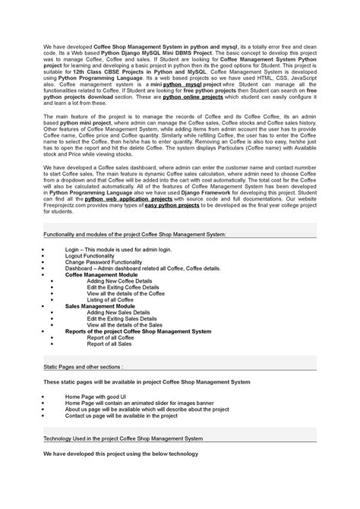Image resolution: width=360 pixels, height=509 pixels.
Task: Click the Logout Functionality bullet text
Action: (90, 254)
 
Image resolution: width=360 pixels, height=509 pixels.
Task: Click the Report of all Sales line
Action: (109, 343)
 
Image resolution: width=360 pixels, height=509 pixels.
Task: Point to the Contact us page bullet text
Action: (122, 416)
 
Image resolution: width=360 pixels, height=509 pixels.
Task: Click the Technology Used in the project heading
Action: (122, 438)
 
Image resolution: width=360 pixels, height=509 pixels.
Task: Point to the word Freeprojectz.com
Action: (65, 205)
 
